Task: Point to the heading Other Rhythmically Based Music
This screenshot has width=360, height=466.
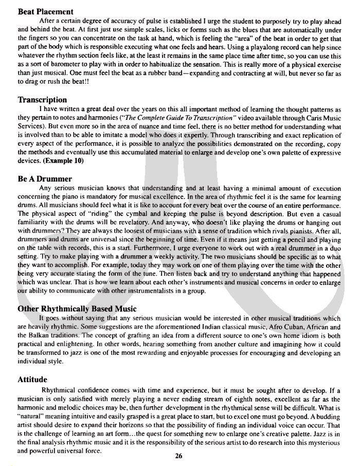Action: coord(77,309)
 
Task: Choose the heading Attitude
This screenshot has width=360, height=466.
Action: coord(33,379)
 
